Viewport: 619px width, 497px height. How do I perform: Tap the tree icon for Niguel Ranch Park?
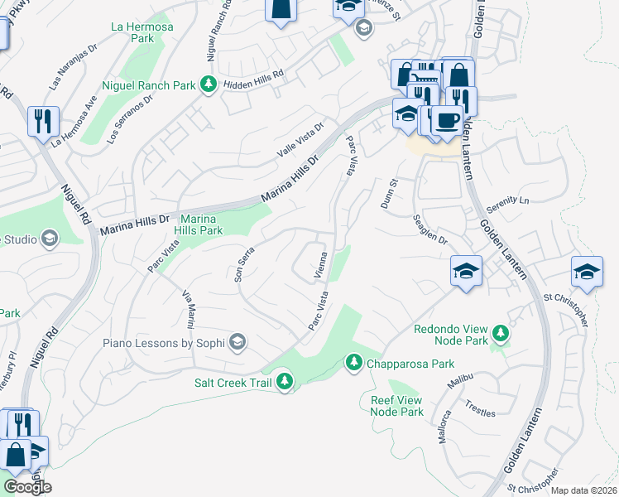(209, 84)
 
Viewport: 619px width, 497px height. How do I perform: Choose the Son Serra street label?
(245, 264)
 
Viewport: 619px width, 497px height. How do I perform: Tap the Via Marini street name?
(190, 308)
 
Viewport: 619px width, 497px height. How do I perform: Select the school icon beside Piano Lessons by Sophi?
(238, 343)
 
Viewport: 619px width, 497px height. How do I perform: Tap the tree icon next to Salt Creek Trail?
(285, 382)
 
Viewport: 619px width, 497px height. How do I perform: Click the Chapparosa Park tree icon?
(353, 363)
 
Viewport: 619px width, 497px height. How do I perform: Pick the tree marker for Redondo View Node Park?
(500, 334)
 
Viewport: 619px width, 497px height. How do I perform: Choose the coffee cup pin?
(447, 119)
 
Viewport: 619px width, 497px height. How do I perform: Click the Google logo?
(26, 487)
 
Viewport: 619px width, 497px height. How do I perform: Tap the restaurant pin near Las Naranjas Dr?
(41, 121)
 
